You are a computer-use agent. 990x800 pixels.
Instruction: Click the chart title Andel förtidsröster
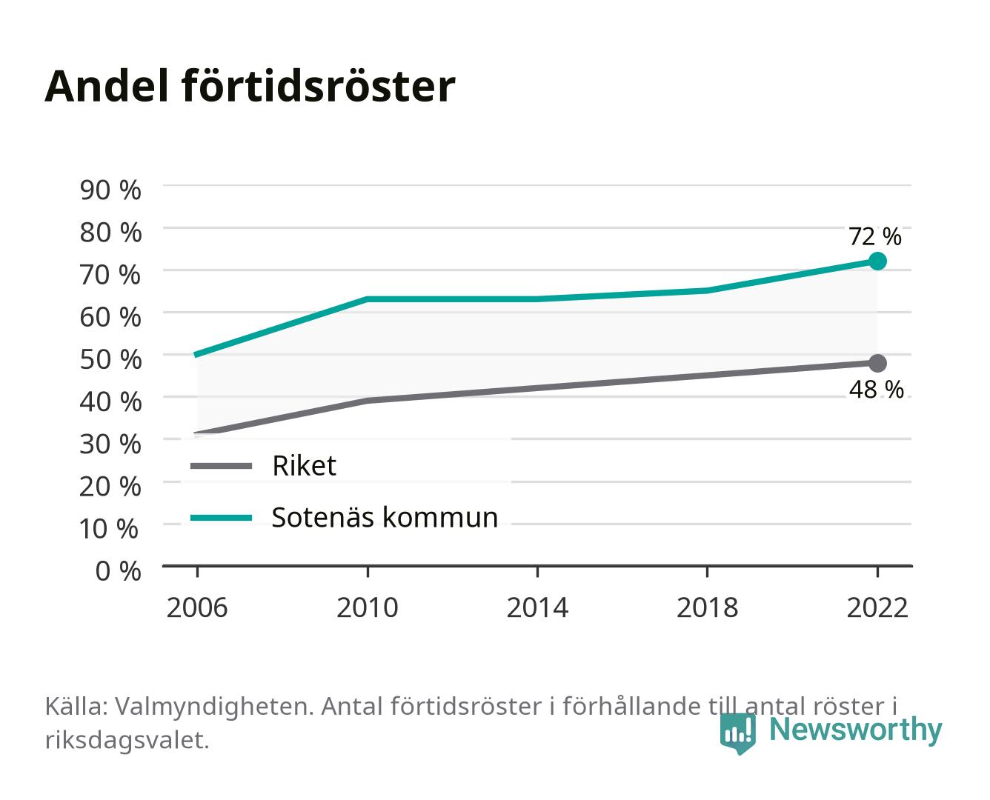pyautogui.click(x=250, y=87)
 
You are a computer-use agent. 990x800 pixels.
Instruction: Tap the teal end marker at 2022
pyautogui.click(x=877, y=261)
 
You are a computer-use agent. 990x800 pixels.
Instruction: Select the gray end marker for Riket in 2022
pyautogui.click(x=877, y=363)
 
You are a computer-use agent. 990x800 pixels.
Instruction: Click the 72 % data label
pyautogui.click(x=874, y=236)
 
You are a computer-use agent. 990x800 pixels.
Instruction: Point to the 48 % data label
pyautogui.click(x=876, y=390)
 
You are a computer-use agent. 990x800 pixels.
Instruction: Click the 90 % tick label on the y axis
pyautogui.click(x=110, y=190)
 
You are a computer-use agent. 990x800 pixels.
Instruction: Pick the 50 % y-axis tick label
pyautogui.click(x=110, y=359)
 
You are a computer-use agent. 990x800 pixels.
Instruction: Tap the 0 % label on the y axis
pyautogui.click(x=118, y=571)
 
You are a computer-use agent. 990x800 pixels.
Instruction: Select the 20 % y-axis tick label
pyautogui.click(x=110, y=487)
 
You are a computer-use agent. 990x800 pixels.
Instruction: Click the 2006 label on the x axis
pyautogui.click(x=197, y=607)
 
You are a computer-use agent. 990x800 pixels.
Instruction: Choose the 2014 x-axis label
pyautogui.click(x=537, y=607)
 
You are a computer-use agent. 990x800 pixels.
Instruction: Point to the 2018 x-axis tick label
pyautogui.click(x=707, y=607)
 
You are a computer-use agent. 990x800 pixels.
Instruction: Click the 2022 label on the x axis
pyautogui.click(x=877, y=607)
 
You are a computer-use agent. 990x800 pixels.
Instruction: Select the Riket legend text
pyautogui.click(x=304, y=465)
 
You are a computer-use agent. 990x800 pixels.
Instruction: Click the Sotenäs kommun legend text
pyautogui.click(x=385, y=517)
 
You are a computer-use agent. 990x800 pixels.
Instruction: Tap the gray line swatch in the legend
pyautogui.click(x=222, y=465)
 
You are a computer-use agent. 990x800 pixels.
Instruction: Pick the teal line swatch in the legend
pyautogui.click(x=222, y=518)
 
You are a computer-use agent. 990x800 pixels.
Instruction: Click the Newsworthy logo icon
pyautogui.click(x=737, y=733)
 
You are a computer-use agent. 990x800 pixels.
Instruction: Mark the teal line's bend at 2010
pyautogui.click(x=368, y=299)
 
